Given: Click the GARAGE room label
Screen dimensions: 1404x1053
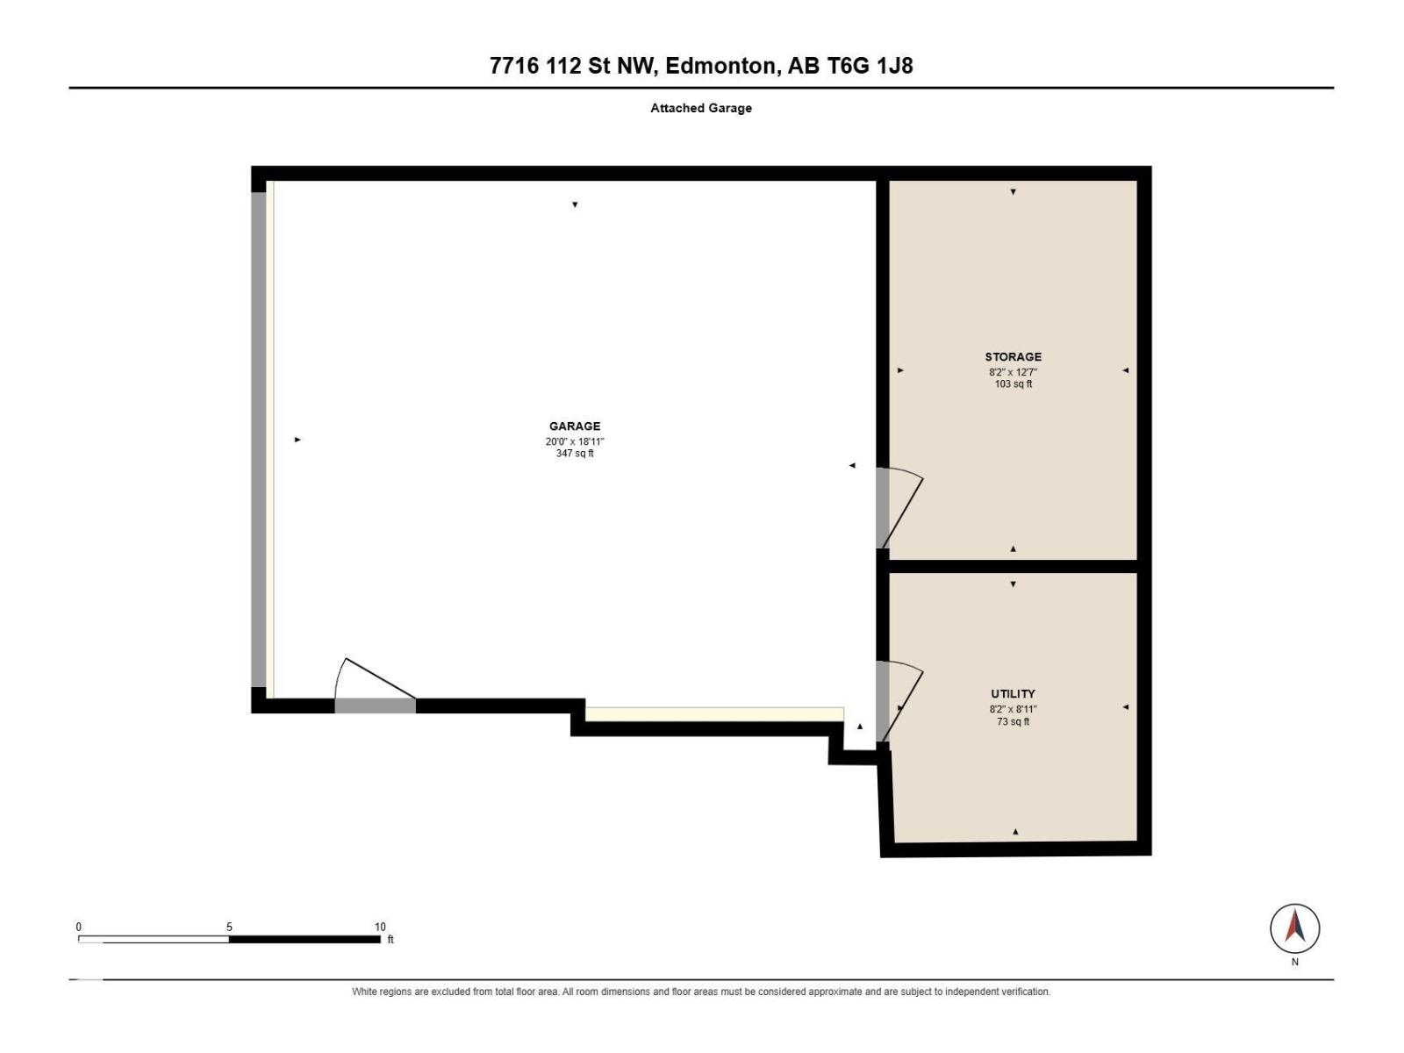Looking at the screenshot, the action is point(575,426).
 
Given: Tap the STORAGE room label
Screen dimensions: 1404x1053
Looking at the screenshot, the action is point(1014,357).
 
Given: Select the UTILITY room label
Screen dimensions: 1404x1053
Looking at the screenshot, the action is point(1014,694).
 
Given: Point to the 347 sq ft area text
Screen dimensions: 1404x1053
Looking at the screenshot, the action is point(575,454).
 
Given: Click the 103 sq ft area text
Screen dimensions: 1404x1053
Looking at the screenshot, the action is point(1014,383).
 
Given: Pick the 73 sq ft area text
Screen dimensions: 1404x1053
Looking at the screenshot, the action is point(1014,721).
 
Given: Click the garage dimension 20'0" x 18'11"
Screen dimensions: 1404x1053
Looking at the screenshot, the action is point(575,441).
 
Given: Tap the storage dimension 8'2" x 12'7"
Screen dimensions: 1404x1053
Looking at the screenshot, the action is point(1014,371).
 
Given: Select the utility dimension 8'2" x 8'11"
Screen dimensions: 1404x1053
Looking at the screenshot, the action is point(1014,708).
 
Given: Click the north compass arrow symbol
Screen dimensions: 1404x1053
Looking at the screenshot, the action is point(1294,928).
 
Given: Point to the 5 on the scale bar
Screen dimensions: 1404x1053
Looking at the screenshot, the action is point(229,927).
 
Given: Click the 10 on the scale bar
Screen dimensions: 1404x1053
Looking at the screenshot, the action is point(380,927).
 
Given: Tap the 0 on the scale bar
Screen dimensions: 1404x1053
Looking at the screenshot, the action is point(79,927).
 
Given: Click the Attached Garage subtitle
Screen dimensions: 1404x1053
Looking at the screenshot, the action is point(701,108).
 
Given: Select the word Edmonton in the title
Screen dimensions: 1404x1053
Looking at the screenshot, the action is point(723,66).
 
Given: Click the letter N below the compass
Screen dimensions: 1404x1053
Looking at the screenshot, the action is point(1294,962).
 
